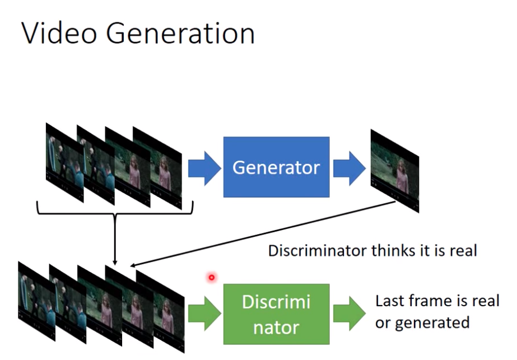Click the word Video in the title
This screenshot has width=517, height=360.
[59, 33]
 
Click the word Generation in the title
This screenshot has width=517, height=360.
[180, 33]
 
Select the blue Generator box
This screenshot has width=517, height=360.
[276, 167]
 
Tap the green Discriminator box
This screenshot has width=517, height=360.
[276, 314]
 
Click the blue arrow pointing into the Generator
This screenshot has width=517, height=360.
[204, 168]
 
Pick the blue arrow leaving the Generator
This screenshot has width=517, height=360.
[350, 168]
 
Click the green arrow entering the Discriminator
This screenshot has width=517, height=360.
[204, 314]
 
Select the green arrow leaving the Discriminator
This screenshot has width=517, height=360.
[350, 314]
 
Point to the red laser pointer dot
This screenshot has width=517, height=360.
[211, 278]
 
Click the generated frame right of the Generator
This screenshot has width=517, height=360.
[395, 171]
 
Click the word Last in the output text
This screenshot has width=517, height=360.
[390, 301]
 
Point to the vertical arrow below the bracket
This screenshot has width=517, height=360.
[115, 239]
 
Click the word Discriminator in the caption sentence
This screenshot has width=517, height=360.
[318, 251]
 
